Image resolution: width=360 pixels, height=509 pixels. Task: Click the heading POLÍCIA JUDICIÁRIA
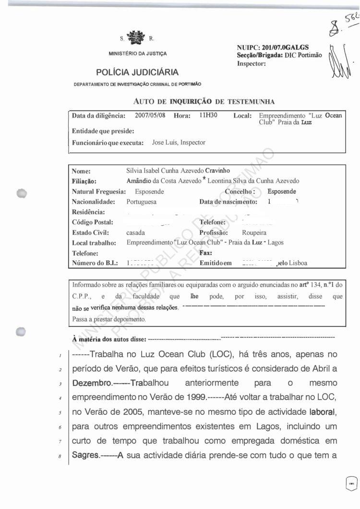(x=137, y=73)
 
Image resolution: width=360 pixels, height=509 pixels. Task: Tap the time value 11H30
(x=208, y=116)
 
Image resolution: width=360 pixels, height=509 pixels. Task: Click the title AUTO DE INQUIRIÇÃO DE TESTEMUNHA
(x=204, y=101)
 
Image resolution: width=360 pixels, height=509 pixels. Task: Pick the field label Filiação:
(x=84, y=181)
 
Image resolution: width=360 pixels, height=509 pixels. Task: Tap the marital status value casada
(x=136, y=232)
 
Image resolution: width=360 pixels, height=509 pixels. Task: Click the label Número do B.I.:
(x=95, y=263)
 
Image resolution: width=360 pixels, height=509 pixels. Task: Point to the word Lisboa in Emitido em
(x=297, y=263)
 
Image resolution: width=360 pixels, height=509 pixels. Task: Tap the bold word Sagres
(x=86, y=455)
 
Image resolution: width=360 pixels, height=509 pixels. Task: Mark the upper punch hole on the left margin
(x=21, y=193)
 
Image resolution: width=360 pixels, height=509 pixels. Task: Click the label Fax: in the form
(x=206, y=253)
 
